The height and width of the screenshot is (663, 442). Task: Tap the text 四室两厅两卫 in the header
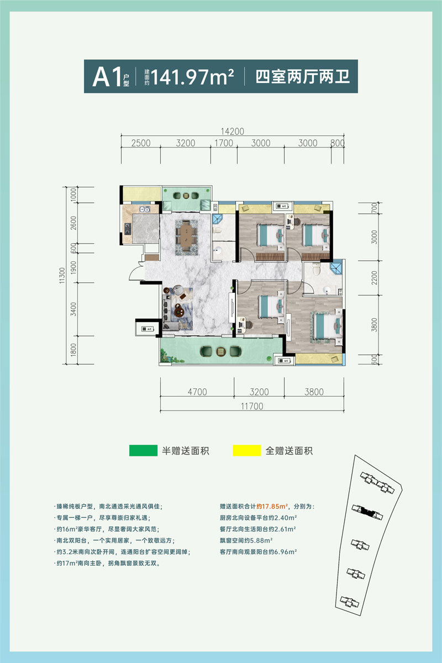[303, 76]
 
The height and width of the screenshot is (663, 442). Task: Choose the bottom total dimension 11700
[252, 406]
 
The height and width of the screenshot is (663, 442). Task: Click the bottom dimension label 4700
[197, 392]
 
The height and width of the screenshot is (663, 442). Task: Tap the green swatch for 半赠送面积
[143, 450]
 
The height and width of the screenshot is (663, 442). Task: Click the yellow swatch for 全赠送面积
[246, 450]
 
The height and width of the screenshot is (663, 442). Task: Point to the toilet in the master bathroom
[315, 271]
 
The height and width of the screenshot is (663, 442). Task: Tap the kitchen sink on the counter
[144, 210]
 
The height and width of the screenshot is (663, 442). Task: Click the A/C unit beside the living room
[148, 329]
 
